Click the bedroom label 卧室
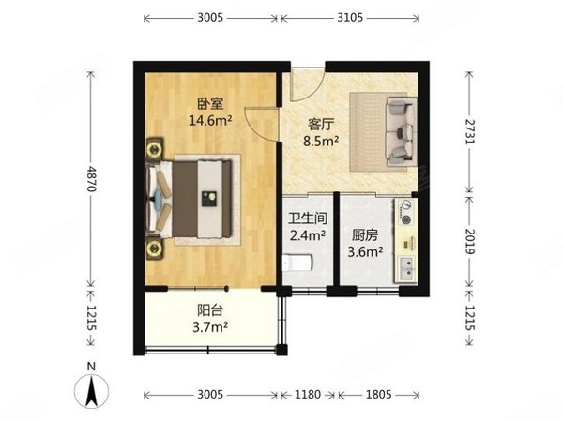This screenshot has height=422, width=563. (207, 103)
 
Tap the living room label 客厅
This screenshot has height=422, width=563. (323, 122)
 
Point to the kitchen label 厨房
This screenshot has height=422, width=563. (366, 236)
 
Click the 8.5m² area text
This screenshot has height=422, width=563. (323, 142)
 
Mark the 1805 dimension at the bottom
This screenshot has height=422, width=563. (373, 395)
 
